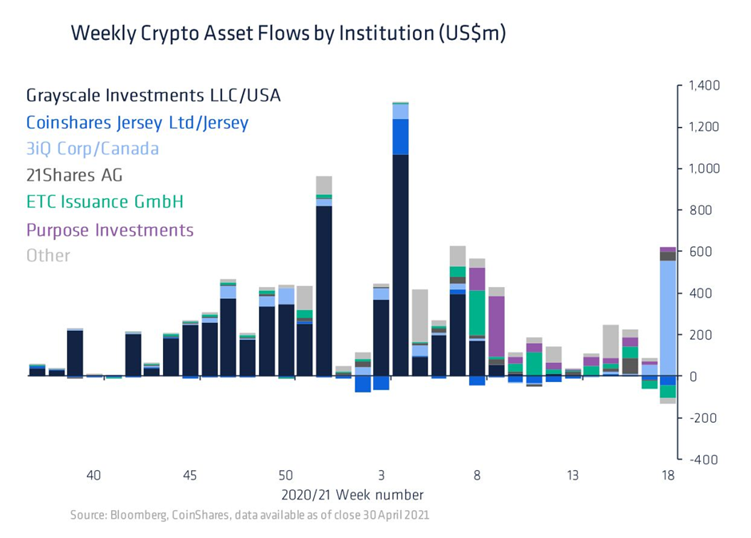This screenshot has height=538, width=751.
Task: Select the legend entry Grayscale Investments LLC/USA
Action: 153,96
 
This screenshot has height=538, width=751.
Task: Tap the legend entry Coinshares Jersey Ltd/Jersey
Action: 137,122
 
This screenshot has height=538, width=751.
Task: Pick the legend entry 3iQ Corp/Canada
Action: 92,149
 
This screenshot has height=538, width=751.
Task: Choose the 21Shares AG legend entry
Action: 74,175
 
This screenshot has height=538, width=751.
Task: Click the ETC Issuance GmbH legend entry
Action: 105,201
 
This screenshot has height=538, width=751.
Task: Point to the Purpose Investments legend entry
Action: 109,230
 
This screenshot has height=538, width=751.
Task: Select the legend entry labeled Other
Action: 48,256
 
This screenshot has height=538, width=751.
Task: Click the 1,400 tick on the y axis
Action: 703,86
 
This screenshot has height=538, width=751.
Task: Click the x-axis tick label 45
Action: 189,476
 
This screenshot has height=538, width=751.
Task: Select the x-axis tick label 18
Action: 668,476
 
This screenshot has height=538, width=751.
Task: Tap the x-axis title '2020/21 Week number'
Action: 352,495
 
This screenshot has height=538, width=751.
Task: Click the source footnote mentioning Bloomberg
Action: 249,516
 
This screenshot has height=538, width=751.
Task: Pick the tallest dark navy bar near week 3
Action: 400,264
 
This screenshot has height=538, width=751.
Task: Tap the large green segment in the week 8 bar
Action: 477,313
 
